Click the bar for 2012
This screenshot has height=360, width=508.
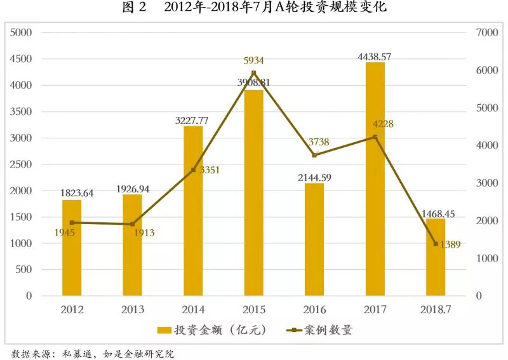[x=72, y=248]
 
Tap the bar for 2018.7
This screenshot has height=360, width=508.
[x=436, y=257]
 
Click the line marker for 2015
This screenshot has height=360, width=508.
[x=254, y=72]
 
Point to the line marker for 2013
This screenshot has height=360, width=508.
[x=133, y=224]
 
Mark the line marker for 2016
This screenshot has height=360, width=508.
[x=314, y=155]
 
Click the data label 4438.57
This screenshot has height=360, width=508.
[x=375, y=57]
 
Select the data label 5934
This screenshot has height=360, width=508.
[x=254, y=61]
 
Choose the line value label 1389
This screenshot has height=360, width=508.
[x=450, y=244]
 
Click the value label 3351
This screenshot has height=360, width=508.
[x=209, y=170]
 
